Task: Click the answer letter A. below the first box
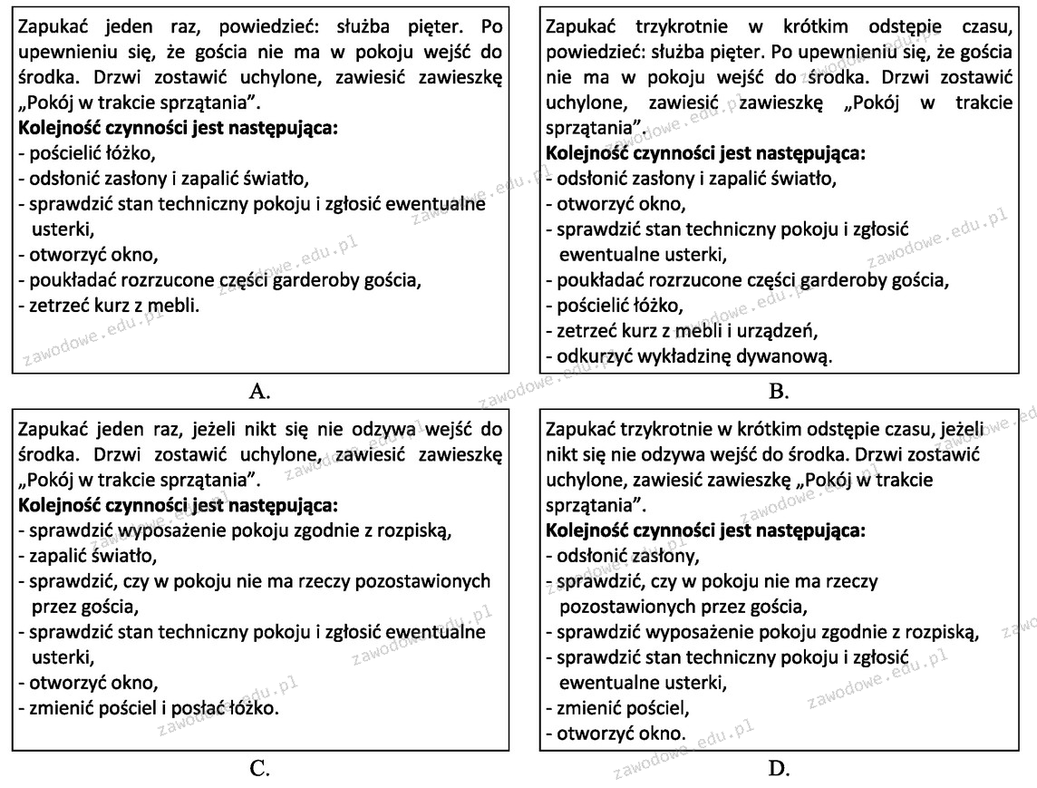[x=259, y=392]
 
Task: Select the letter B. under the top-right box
[x=778, y=392]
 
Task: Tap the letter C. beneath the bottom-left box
[x=259, y=769]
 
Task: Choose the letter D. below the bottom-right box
[x=778, y=769]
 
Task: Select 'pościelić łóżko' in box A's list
[x=86, y=153]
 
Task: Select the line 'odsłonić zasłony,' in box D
[x=623, y=556]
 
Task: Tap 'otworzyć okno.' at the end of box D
[x=616, y=733]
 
